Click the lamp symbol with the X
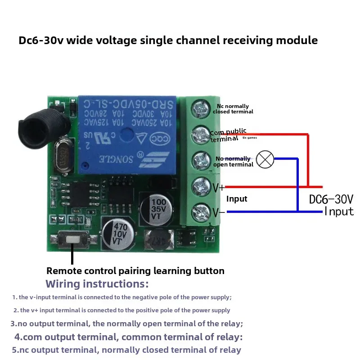(x=265, y=159)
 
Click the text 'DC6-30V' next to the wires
(x=331, y=199)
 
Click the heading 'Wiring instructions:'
(x=97, y=284)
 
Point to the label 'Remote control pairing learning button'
(x=135, y=271)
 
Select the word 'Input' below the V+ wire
(x=237, y=199)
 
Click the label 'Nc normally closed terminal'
(x=233, y=109)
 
